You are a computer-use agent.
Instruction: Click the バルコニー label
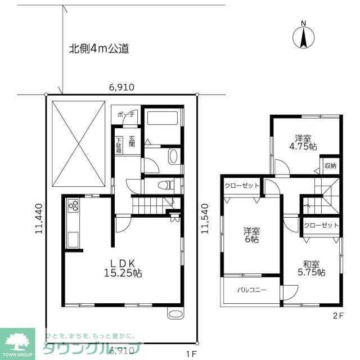[x=251, y=290]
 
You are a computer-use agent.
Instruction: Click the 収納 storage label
[x=330, y=165]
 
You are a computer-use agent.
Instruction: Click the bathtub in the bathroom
[x=163, y=119]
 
